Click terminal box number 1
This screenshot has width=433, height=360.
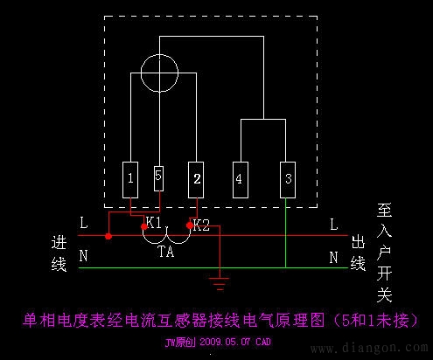[x=130, y=179]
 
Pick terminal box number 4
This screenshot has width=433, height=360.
[x=239, y=179]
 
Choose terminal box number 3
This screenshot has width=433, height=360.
[x=287, y=179]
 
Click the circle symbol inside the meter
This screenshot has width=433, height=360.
[x=159, y=67]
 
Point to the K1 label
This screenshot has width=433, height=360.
[x=155, y=224]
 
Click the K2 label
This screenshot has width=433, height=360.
[x=201, y=225]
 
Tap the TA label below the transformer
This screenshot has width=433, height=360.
[x=165, y=251]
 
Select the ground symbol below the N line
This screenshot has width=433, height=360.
[x=219, y=281]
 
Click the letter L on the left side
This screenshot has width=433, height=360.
[x=83, y=224]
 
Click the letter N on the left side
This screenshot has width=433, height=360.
[x=83, y=257]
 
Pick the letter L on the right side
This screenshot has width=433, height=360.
[x=333, y=225]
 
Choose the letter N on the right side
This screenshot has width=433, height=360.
[x=333, y=257]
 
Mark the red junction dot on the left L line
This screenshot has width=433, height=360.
[x=108, y=236]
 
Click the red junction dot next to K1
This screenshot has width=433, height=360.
[x=144, y=227]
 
